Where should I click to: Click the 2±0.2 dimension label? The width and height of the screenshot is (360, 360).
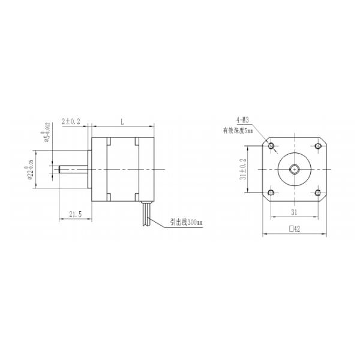(71, 122)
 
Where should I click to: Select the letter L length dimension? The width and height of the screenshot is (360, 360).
(122, 122)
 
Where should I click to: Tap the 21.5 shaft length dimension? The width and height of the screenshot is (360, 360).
(76, 214)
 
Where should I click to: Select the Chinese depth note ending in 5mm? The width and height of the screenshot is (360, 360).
(239, 130)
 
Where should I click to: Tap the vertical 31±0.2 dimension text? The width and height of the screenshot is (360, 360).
(243, 169)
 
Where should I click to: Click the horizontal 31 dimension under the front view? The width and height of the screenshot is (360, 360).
(294, 212)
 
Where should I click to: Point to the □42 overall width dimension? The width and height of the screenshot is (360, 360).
(294, 229)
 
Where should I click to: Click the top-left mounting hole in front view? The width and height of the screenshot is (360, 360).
(272, 146)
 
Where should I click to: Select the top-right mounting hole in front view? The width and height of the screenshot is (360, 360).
(317, 146)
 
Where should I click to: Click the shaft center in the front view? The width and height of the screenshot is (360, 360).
(294, 169)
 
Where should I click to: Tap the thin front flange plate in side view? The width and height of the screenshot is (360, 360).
(90, 169)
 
